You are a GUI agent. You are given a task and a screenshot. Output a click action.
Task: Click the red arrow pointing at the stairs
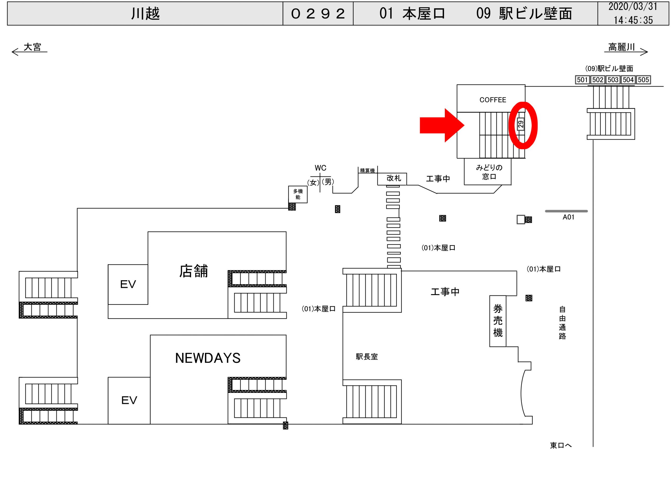coord(441,125)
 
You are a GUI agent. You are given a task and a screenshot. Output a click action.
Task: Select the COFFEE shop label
coord(493,100)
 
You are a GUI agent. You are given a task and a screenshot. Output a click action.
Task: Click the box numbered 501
coord(582,80)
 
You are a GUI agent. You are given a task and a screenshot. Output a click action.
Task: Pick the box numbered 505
coord(643,80)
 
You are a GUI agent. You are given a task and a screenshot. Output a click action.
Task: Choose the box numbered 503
coord(613,80)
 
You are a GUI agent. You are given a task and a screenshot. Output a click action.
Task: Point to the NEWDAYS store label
coord(208,358)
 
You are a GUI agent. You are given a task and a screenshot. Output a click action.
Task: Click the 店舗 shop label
coord(193,271)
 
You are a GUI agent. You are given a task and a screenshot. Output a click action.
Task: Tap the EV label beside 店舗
coord(128,284)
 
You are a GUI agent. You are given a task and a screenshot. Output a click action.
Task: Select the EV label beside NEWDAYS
coord(129,400)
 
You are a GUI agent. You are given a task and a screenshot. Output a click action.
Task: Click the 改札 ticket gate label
coord(394,178)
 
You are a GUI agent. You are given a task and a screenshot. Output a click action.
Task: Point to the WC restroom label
coord(320,168)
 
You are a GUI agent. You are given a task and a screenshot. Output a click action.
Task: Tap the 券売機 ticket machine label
coord(498,321)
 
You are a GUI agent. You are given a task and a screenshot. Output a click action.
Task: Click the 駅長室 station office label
coord(367,357)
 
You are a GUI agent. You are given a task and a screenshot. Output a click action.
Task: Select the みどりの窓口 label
coord(489,172)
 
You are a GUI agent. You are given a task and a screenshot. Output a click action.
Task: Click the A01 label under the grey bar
coord(568,217)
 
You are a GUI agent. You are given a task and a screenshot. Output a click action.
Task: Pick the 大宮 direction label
coord(32,47)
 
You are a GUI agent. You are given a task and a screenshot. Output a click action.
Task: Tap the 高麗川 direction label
coord(621,47)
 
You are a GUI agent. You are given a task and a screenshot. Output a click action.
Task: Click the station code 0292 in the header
coord(318,14)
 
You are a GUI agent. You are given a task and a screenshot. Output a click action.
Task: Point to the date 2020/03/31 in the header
coord(633,7)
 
